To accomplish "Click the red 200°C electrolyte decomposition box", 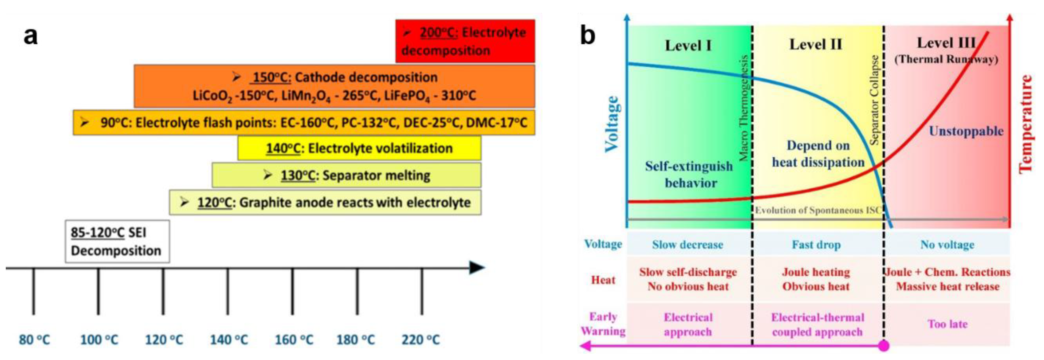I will pyautogui.click(x=465, y=41).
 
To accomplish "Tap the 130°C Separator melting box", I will pyautogui.click(x=346, y=175).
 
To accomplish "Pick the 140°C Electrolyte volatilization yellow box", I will pyautogui.click(x=359, y=148).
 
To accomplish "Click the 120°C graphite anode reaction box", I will pyautogui.click(x=325, y=202).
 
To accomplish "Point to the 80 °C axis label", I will pyautogui.click(x=34, y=339).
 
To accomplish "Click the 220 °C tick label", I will pyautogui.click(x=420, y=339).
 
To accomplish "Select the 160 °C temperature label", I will pyautogui.click(x=294, y=339).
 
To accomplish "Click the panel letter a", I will pyautogui.click(x=30, y=36).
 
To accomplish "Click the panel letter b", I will pyautogui.click(x=588, y=36).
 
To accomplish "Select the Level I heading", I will pyautogui.click(x=688, y=45).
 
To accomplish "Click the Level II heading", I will pyautogui.click(x=815, y=44).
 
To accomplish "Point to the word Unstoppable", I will pyautogui.click(x=966, y=131).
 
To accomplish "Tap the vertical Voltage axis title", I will pyautogui.click(x=612, y=124).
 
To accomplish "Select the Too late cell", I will pyautogui.click(x=947, y=324).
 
